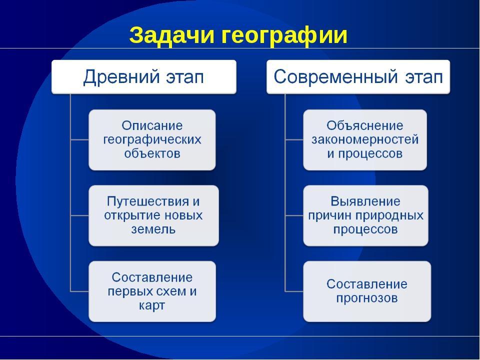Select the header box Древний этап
[x=144, y=77]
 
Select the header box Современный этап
[x=358, y=77]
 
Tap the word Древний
[x=121, y=77]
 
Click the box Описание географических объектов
[x=152, y=140]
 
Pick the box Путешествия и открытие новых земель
[x=153, y=215]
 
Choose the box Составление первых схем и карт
[x=152, y=291]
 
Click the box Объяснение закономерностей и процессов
[x=365, y=140]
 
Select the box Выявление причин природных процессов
[x=366, y=215]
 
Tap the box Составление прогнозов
[x=367, y=291]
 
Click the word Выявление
[x=365, y=201]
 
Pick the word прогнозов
[x=367, y=298]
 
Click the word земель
[x=153, y=229]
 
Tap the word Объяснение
[x=365, y=125]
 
